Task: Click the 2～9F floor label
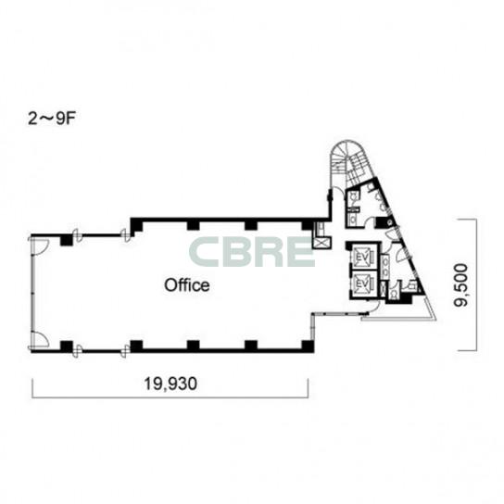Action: [x=52, y=119]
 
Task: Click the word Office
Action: [x=187, y=285]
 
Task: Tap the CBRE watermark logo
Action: [x=251, y=252]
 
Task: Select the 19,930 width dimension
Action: [x=170, y=384]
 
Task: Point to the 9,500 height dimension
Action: [x=460, y=285]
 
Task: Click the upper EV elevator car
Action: [x=363, y=257]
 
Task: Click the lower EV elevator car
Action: [x=363, y=283]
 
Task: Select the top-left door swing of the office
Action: [x=40, y=246]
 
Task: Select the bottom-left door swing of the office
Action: [x=40, y=339]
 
